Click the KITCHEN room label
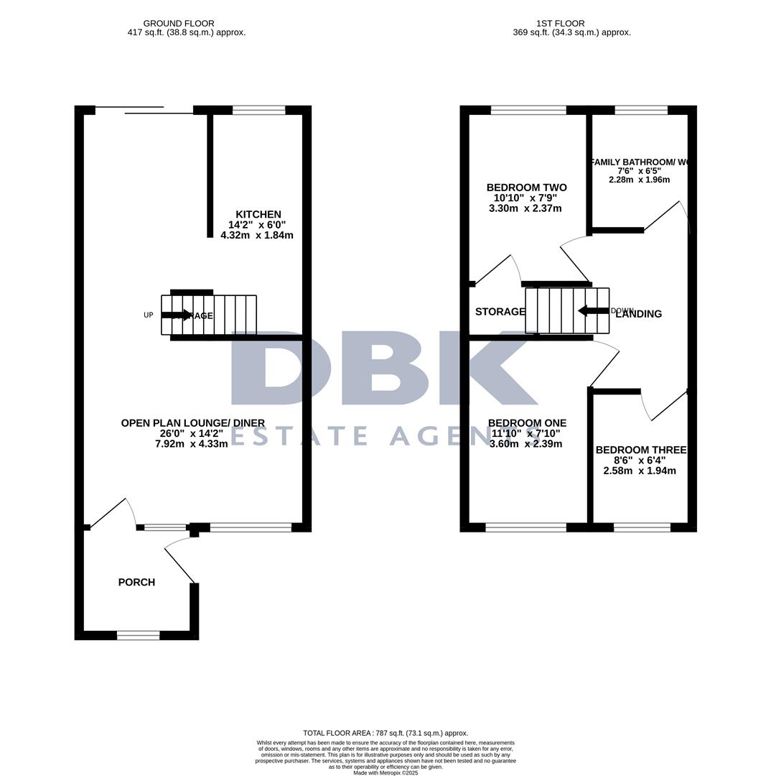258,214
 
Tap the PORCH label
136,582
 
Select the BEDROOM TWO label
526,188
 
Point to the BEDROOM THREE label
640,450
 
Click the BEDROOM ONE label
527,423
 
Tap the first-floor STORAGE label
500,312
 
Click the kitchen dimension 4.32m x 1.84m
257,235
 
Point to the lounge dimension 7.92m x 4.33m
192,444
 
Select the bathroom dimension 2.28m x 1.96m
639,180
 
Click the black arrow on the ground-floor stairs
177,315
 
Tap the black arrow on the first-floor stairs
593,310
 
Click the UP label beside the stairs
149,315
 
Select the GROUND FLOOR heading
179,24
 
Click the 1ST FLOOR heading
560,24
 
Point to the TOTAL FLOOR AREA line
385,733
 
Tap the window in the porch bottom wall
138,635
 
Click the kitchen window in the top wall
258,110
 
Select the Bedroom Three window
642,527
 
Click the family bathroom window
641,110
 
